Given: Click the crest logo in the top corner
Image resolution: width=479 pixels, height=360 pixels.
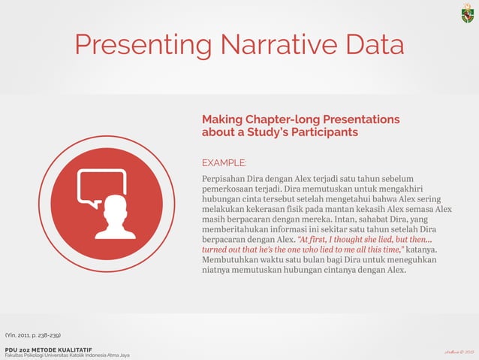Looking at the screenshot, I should coord(467,14).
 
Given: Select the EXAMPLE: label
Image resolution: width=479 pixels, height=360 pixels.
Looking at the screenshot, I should coord(224,162).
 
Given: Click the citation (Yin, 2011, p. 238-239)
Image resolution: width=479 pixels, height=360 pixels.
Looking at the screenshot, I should coord(33,334).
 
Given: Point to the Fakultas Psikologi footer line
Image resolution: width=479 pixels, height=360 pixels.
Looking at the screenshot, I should coord(67,355).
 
